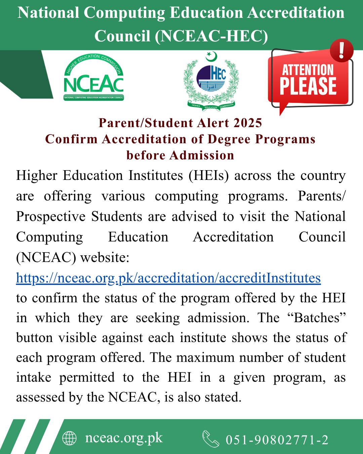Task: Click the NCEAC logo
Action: [94, 78]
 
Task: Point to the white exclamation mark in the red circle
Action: [341, 50]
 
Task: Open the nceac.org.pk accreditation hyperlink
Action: [168, 278]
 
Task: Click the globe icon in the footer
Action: [70, 438]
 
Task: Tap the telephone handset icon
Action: [211, 439]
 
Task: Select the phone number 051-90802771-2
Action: [277, 440]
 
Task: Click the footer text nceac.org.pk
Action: [124, 438]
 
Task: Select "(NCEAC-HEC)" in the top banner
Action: [211, 36]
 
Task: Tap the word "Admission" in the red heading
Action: [202, 155]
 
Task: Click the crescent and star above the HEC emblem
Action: [211, 56]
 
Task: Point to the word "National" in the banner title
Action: [48, 13]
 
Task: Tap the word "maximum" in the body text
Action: [205, 357]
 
